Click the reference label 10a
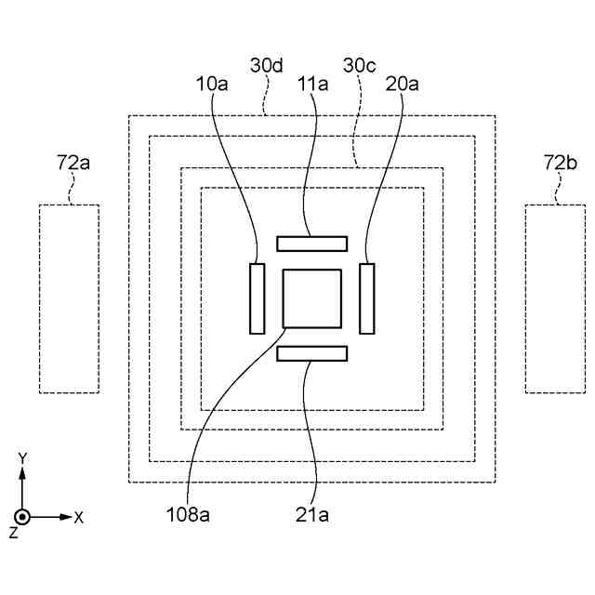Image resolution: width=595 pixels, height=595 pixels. pos(212,83)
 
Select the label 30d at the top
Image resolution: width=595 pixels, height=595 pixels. pos(268,67)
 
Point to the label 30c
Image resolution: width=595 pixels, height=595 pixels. pos(360,67)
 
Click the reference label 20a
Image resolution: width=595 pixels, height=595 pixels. pos(403,83)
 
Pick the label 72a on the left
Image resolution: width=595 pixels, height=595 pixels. pos(73,165)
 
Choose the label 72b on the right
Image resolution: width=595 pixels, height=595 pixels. pos(560,165)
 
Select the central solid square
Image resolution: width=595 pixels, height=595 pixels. pos(312,297)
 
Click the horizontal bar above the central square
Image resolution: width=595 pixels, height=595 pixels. pos(312,244)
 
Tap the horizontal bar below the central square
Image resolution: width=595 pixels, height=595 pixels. pos(312,353)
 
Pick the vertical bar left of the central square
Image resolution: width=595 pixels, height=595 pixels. pos(257,298)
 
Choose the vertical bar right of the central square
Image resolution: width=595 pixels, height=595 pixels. pos(367,298)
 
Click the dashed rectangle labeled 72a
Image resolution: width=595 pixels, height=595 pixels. pos(69,297)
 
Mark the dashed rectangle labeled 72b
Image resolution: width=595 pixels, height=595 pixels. pos(555,297)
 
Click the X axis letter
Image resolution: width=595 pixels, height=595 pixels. pos(79,517)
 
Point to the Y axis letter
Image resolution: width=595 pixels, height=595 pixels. pos(22,457)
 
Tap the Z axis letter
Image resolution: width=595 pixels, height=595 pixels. pos(13,534)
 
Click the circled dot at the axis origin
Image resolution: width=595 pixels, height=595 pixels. pos(22,516)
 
